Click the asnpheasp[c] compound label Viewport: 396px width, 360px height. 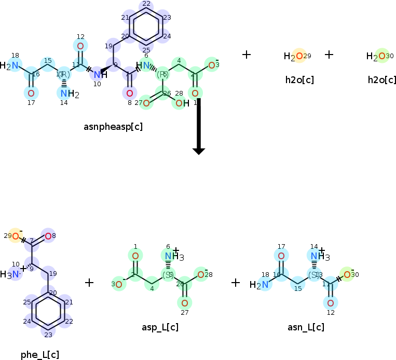point(113,126)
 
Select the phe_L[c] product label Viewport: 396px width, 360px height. point(40,354)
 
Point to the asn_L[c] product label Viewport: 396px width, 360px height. point(306,327)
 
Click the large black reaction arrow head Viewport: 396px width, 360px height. point(199,151)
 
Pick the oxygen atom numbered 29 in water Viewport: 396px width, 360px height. point(299,56)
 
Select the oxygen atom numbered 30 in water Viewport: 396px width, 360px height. point(381,56)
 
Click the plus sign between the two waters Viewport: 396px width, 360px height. point(329,54)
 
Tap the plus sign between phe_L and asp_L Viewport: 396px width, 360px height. point(89,283)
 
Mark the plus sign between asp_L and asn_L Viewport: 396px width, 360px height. point(236,283)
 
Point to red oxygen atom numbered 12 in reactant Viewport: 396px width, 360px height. point(80,46)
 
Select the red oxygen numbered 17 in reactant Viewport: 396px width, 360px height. point(31,94)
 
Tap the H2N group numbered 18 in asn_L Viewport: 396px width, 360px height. point(260,284)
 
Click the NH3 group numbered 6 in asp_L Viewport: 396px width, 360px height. point(170,256)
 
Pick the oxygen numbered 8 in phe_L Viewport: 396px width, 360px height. point(48,236)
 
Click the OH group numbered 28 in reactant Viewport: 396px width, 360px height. point(181,103)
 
